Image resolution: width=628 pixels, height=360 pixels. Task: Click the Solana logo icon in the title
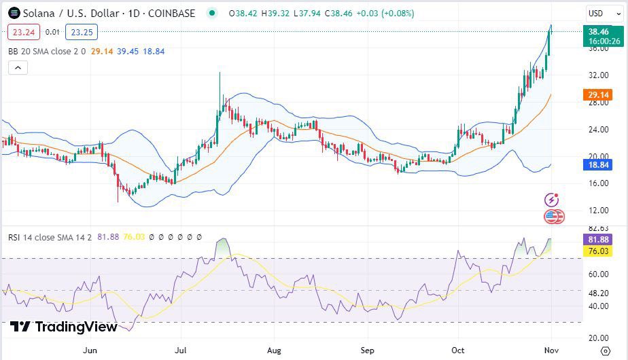point(13,13)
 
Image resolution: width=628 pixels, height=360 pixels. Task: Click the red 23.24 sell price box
point(24,31)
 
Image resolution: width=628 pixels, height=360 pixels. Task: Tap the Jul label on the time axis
point(181,350)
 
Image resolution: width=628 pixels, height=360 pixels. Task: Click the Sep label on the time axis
point(367,350)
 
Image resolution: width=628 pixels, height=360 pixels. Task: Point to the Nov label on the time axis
point(551,350)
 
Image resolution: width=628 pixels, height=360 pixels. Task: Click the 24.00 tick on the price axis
point(598,129)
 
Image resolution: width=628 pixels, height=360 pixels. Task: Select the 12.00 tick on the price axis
point(598,210)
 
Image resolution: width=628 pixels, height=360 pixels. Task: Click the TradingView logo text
point(64,327)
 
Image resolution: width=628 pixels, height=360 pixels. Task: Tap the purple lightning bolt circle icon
point(552,200)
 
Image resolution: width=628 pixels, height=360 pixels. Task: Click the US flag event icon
point(553,217)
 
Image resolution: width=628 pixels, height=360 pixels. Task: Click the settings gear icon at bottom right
point(606,350)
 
